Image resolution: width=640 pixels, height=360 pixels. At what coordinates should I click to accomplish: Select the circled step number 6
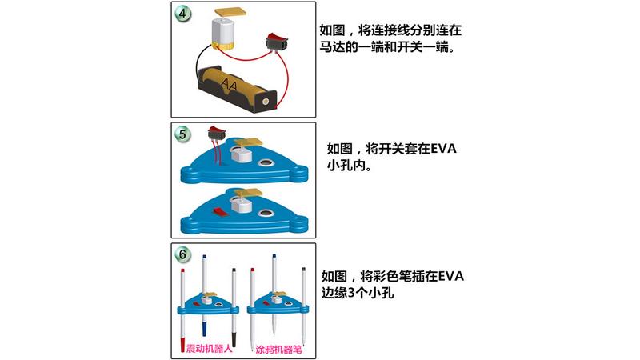click(184, 255)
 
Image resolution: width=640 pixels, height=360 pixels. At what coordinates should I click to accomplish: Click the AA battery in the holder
click(230, 83)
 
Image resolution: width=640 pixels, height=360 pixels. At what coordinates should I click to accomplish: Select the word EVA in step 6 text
click(450, 276)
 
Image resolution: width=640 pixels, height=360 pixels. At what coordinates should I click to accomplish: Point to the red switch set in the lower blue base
click(222, 210)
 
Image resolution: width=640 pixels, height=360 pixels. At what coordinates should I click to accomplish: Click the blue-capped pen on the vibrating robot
click(205, 296)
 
